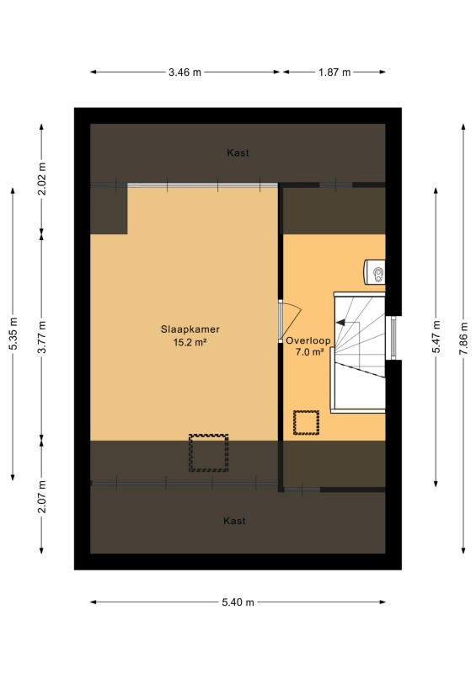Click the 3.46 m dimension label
click(x=185, y=72)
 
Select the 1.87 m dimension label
click(x=334, y=72)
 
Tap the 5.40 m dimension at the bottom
click(x=238, y=602)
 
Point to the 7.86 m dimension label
click(x=463, y=339)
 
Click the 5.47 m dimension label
click(x=436, y=337)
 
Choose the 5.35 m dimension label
click(x=13, y=334)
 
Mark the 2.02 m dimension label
click(x=42, y=179)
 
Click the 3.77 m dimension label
click(x=42, y=337)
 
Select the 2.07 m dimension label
click(x=42, y=497)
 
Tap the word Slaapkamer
click(x=190, y=329)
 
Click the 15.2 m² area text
click(x=190, y=343)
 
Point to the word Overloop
click(x=308, y=340)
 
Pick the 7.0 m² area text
click(x=309, y=352)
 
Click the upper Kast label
click(x=238, y=152)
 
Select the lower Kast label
click(x=234, y=521)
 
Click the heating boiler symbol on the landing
click(x=375, y=271)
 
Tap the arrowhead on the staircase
click(x=340, y=322)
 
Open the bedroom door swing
click(x=290, y=318)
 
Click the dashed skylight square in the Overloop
click(x=306, y=423)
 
